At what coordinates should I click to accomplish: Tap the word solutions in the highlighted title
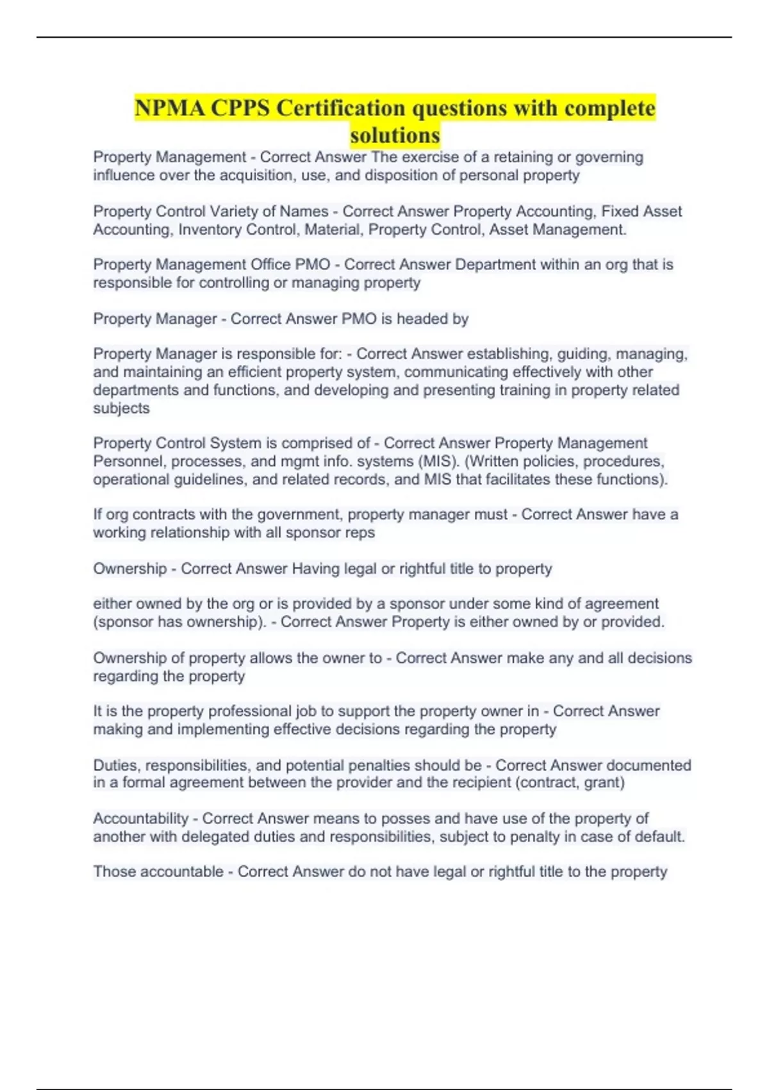[x=395, y=135]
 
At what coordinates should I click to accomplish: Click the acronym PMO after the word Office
[x=313, y=264]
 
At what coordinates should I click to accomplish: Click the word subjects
[x=121, y=408]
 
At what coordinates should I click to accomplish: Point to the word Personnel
[x=128, y=461]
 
